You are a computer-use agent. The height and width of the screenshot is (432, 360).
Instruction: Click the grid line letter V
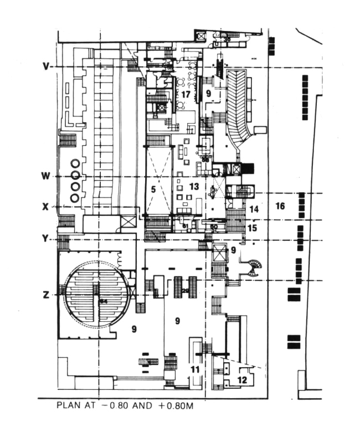pos(47,66)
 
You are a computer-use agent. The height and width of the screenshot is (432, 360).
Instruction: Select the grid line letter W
pos(47,176)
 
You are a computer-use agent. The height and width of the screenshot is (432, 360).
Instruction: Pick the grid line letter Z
pos(47,295)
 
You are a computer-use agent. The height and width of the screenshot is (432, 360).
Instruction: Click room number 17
pos(186,95)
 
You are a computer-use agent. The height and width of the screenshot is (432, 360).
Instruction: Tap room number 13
pos(193,186)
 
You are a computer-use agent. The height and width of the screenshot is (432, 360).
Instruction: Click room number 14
pos(254,209)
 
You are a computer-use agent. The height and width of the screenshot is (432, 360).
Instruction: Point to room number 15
pos(252,227)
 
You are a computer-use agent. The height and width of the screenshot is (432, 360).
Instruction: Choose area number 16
pos(280,206)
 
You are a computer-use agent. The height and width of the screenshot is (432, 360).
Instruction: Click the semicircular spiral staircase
pos(255,268)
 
